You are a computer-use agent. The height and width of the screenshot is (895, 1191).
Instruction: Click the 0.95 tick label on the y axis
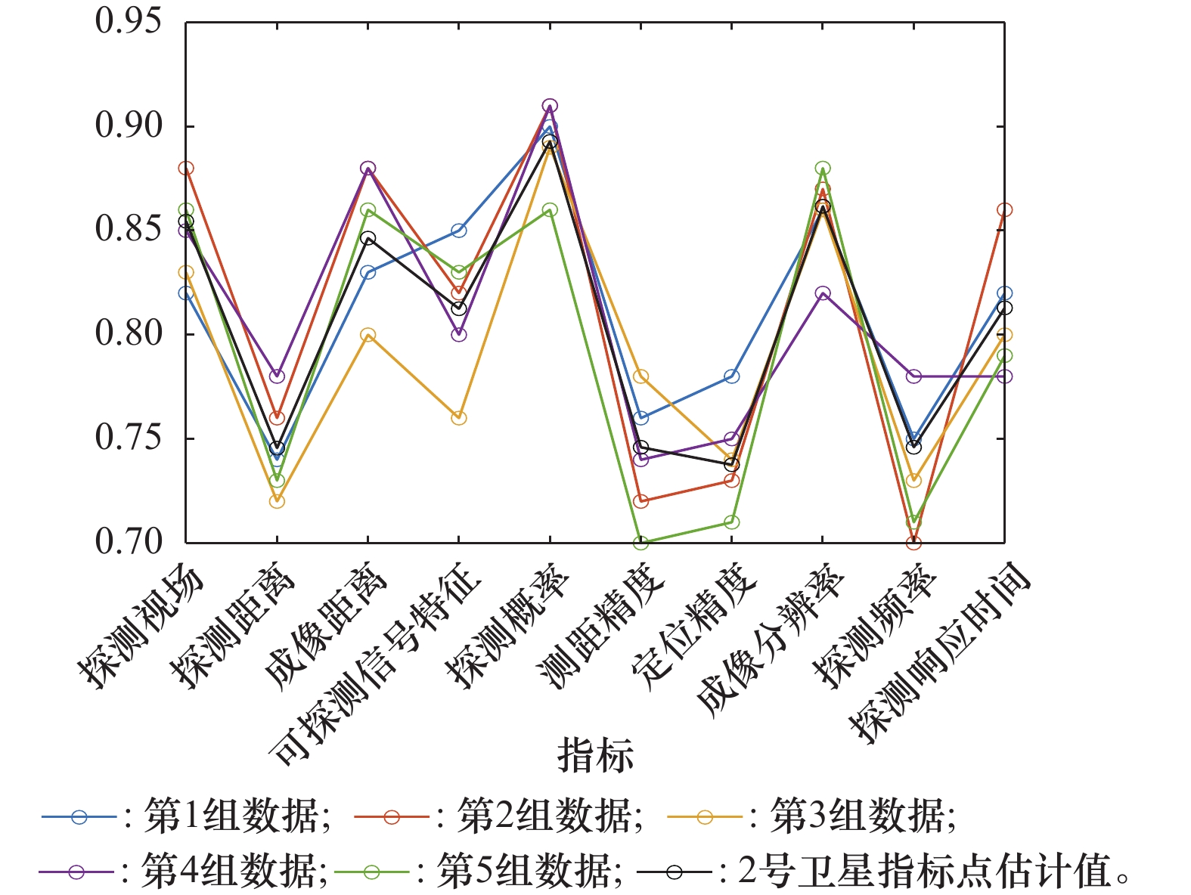pyautogui.click(x=129, y=21)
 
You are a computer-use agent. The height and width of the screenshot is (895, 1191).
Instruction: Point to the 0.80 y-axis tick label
pyautogui.click(x=129, y=333)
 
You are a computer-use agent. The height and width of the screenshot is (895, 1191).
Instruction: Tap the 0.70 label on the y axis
pyautogui.click(x=129, y=542)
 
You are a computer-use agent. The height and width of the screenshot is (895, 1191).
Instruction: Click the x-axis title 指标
pyautogui.click(x=595, y=754)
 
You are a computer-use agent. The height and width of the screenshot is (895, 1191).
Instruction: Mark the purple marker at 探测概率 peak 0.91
pyautogui.click(x=550, y=106)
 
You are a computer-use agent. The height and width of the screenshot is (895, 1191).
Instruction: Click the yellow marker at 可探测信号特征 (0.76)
pyautogui.click(x=459, y=418)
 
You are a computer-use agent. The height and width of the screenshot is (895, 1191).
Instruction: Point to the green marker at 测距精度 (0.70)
pyautogui.click(x=640, y=543)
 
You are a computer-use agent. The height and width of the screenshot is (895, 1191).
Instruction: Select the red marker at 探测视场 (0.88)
pyautogui.click(x=186, y=168)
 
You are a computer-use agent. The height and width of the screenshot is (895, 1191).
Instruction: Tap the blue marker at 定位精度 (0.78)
pyautogui.click(x=732, y=376)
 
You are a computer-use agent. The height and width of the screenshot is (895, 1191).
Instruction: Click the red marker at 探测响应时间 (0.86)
pyautogui.click(x=1004, y=210)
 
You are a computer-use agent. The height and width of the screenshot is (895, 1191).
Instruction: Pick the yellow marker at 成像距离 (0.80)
pyautogui.click(x=368, y=335)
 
